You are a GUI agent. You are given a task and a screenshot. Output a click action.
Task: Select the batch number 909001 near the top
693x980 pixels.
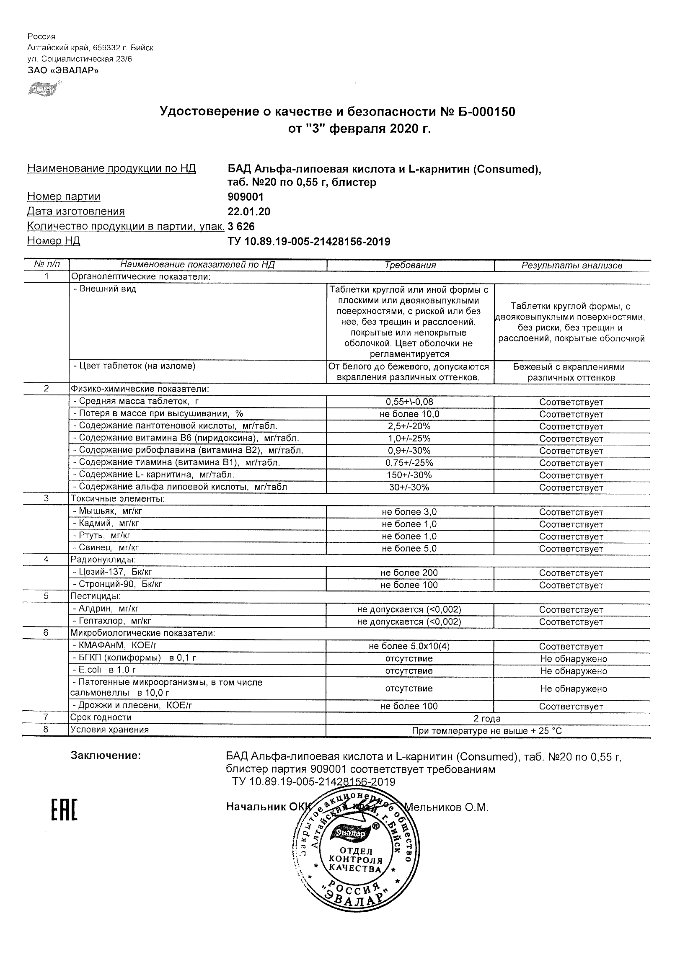[246, 197]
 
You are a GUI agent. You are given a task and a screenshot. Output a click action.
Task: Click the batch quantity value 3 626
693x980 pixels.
[241, 226]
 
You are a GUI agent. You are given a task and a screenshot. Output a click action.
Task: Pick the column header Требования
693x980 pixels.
[410, 265]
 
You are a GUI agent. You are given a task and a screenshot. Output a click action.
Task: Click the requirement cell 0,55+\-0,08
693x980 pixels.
[409, 402]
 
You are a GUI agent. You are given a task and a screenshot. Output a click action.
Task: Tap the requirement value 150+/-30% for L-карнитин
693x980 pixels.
[409, 475]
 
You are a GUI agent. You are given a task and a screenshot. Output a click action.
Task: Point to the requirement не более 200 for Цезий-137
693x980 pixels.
[409, 573]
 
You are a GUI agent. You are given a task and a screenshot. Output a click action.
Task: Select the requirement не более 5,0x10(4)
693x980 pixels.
[409, 646]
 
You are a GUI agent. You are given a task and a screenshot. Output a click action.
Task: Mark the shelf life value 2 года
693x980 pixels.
[487, 718]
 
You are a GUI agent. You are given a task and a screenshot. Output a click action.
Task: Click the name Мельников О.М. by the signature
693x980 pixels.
[446, 807]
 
